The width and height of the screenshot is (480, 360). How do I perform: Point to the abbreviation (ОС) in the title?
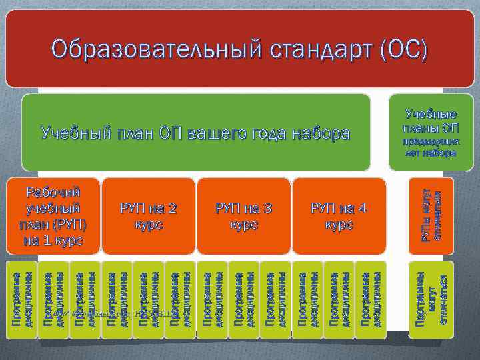point(401,49)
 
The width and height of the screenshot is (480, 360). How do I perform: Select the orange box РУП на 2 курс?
point(149,216)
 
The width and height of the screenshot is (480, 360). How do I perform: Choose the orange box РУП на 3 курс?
point(243,216)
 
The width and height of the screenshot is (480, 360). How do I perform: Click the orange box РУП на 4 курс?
point(339,216)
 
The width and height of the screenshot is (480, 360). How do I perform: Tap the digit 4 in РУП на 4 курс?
point(362,209)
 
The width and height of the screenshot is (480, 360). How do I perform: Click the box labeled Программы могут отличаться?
point(431,299)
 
